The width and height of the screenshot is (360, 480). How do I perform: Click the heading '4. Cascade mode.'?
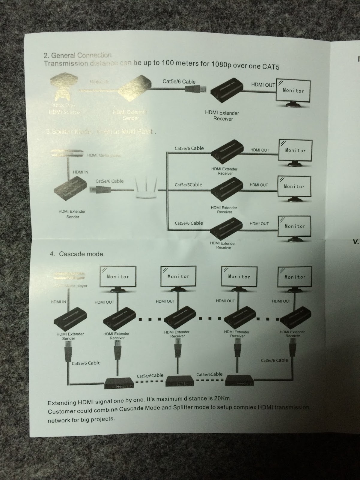[x=77, y=254]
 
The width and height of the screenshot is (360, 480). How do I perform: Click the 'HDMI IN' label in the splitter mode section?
[x=80, y=172]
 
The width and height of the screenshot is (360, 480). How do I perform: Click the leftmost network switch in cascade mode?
[x=119, y=383]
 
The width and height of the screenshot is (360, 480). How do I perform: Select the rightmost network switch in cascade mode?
[x=240, y=380]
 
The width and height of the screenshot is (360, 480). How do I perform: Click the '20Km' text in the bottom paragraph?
[x=223, y=398]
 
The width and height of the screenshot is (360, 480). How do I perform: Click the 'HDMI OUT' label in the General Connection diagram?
[x=263, y=85]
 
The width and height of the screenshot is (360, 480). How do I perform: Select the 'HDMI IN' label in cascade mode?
[x=58, y=302]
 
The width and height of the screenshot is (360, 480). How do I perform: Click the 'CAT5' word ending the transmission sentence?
[x=271, y=67]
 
